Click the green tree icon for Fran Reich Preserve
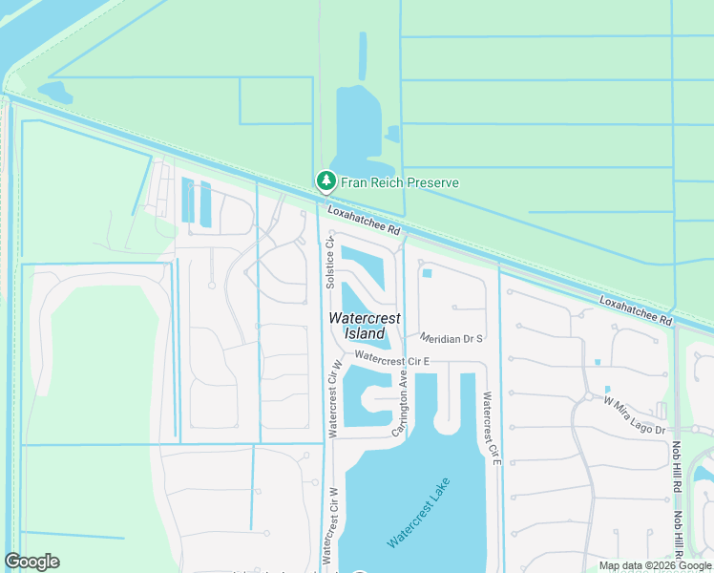(x=326, y=180)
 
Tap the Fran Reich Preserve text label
(x=400, y=182)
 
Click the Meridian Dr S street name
(x=452, y=338)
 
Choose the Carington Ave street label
(x=403, y=406)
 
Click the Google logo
(x=31, y=562)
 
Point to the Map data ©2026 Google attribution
(x=654, y=565)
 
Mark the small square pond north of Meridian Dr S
(x=427, y=274)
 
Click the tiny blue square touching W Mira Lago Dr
(x=607, y=389)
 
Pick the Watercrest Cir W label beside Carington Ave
(x=335, y=399)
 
